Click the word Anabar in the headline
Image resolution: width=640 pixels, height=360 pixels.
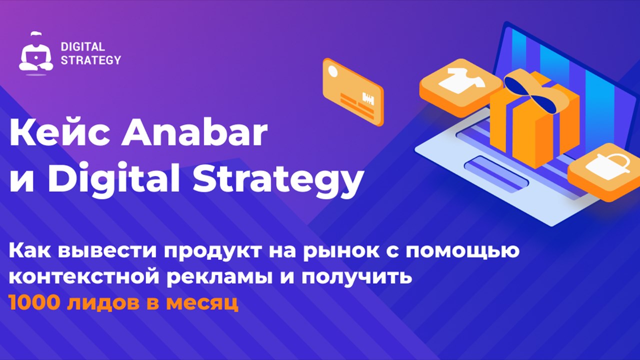pyautogui.click(x=195, y=133)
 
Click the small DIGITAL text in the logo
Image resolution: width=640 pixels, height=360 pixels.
pyautogui.click(x=83, y=46)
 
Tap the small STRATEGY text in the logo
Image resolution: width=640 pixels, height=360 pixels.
pyautogui.click(x=91, y=59)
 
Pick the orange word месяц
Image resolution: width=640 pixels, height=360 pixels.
pyautogui.click(x=202, y=304)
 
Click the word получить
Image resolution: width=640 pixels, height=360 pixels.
pyautogui.click(x=357, y=277)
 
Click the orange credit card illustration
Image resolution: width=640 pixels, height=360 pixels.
pyautogui.click(x=353, y=92)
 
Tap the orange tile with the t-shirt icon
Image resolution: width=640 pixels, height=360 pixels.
pyautogui.click(x=460, y=87)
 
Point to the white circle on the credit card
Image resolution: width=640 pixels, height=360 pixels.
pyautogui.click(x=333, y=71)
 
